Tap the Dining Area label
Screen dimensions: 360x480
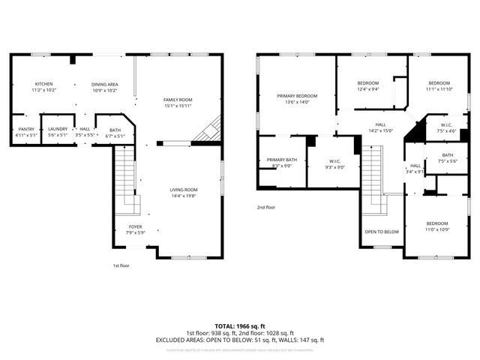click(x=104, y=84)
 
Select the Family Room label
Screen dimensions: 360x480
click(x=178, y=100)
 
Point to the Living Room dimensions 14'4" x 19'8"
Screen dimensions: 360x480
click(x=184, y=196)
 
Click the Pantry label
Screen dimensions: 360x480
click(x=25, y=129)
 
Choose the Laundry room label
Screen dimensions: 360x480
click(x=58, y=129)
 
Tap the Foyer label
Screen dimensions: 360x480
click(x=135, y=226)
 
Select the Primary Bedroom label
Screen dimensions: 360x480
click(x=297, y=96)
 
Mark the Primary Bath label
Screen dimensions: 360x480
click(x=282, y=160)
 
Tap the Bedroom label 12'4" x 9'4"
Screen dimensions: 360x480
click(x=367, y=82)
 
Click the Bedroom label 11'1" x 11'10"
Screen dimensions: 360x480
click(x=439, y=82)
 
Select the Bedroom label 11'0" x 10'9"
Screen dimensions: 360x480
click(x=437, y=223)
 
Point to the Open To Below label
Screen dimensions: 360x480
click(x=382, y=232)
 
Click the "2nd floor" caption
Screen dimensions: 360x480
click(x=266, y=207)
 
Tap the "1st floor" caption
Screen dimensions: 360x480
click(x=121, y=265)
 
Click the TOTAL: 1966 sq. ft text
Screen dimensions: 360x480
click(x=240, y=326)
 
